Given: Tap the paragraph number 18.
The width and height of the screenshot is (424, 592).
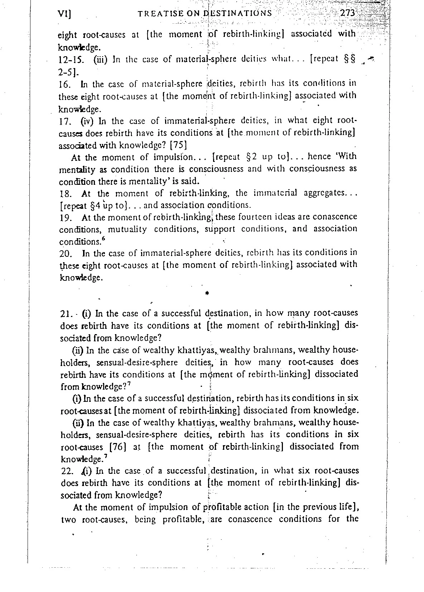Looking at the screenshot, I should point(65,194).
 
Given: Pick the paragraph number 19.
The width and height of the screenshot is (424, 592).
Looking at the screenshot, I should point(65,217).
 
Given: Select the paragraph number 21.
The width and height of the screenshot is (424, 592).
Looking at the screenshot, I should point(66,314).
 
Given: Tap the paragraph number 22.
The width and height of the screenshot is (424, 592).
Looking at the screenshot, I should point(66,471).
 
